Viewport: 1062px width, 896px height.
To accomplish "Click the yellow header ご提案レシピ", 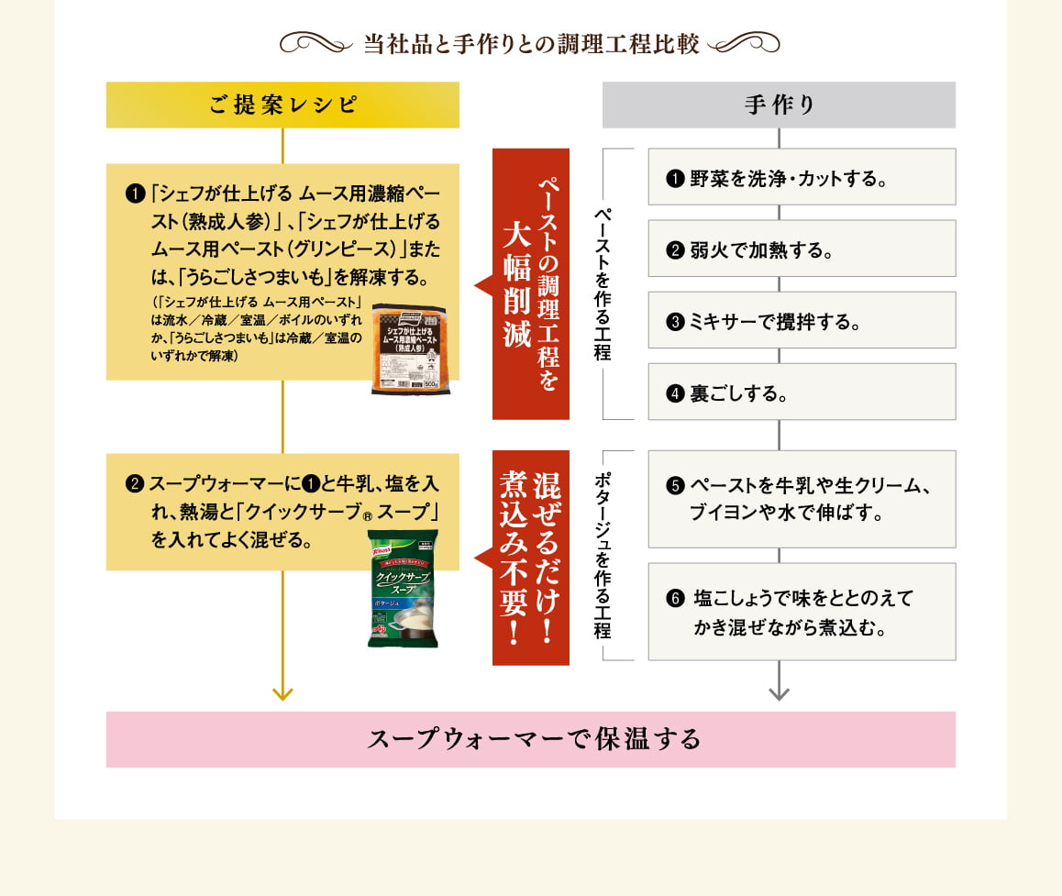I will click(282, 105).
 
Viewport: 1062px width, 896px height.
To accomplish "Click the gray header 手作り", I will click(779, 105).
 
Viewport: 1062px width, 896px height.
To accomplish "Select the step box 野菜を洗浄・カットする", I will click(802, 177).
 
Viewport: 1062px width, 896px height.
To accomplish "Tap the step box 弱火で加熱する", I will click(802, 249).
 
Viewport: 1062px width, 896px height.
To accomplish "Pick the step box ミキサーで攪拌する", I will click(802, 320).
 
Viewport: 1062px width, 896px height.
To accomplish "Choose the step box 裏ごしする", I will click(802, 392).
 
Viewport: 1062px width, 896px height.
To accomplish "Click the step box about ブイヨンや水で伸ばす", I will click(802, 499).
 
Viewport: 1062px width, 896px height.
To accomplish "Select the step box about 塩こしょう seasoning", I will click(802, 612).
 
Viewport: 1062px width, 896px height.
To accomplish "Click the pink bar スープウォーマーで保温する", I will click(531, 739).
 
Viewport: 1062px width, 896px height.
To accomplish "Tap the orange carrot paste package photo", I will click(409, 349).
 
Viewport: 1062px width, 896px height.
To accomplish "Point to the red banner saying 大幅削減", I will click(531, 284).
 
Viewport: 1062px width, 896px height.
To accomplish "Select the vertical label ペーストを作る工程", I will click(603, 282).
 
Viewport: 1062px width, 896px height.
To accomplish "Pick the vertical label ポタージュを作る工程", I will click(603, 556).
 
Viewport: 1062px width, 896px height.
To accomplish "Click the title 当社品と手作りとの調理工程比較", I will click(531, 43).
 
